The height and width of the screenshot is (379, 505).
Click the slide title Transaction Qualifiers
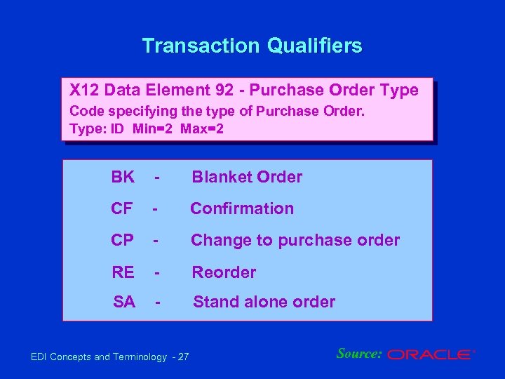click(252, 46)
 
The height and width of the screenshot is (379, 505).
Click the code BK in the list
click(123, 177)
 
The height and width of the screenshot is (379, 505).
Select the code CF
click(122, 208)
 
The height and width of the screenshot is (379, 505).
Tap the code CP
click(122, 240)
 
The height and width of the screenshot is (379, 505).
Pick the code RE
click(123, 272)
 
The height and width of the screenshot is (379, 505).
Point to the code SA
click(124, 302)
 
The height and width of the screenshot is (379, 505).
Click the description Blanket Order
click(247, 177)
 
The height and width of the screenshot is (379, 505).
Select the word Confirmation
click(242, 208)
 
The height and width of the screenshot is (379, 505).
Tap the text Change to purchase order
click(295, 240)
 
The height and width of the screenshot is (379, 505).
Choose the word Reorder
click(224, 272)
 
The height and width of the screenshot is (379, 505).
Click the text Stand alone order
click(264, 302)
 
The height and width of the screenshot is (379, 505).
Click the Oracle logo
click(431, 355)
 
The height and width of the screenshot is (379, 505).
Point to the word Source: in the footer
click(358, 354)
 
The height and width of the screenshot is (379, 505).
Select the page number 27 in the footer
click(183, 357)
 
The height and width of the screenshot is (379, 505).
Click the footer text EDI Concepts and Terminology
click(99, 357)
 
